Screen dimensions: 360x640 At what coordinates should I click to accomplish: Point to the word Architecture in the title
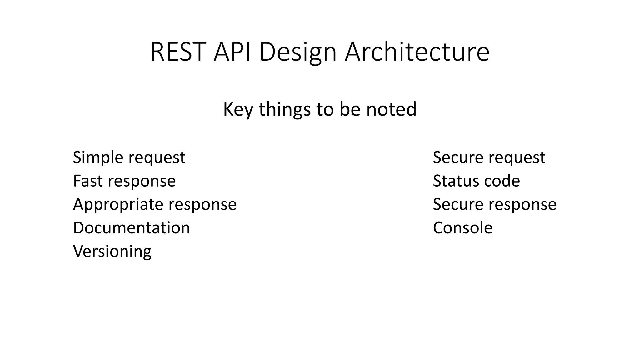point(417,52)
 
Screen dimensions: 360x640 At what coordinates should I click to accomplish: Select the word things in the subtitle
point(285,109)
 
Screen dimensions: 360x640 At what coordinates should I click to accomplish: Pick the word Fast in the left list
point(88,181)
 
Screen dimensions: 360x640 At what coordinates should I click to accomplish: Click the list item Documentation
point(131,228)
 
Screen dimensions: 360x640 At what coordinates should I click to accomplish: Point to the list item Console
point(462,228)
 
